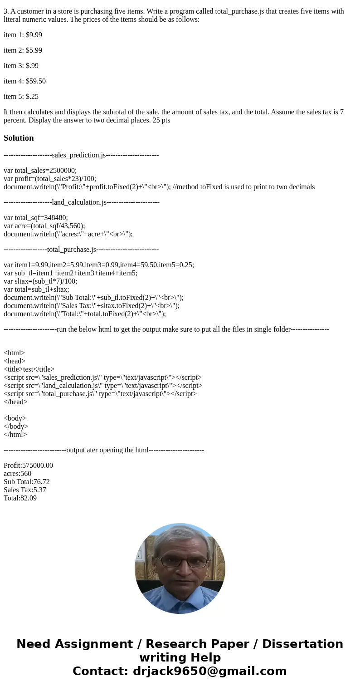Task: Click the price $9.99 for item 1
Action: point(34,35)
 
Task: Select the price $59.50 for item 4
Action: point(36,81)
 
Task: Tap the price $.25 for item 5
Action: point(32,97)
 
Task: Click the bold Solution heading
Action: point(19,138)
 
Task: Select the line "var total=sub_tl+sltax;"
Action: point(36,289)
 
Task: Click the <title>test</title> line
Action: point(29,369)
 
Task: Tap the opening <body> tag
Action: point(15,418)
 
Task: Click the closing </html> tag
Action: point(15,435)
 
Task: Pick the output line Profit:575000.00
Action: point(28,466)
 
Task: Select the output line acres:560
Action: point(18,474)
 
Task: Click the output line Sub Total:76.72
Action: point(27,482)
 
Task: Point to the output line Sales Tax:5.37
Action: point(25,490)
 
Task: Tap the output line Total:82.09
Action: point(20,498)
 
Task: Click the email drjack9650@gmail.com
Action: point(209,671)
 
